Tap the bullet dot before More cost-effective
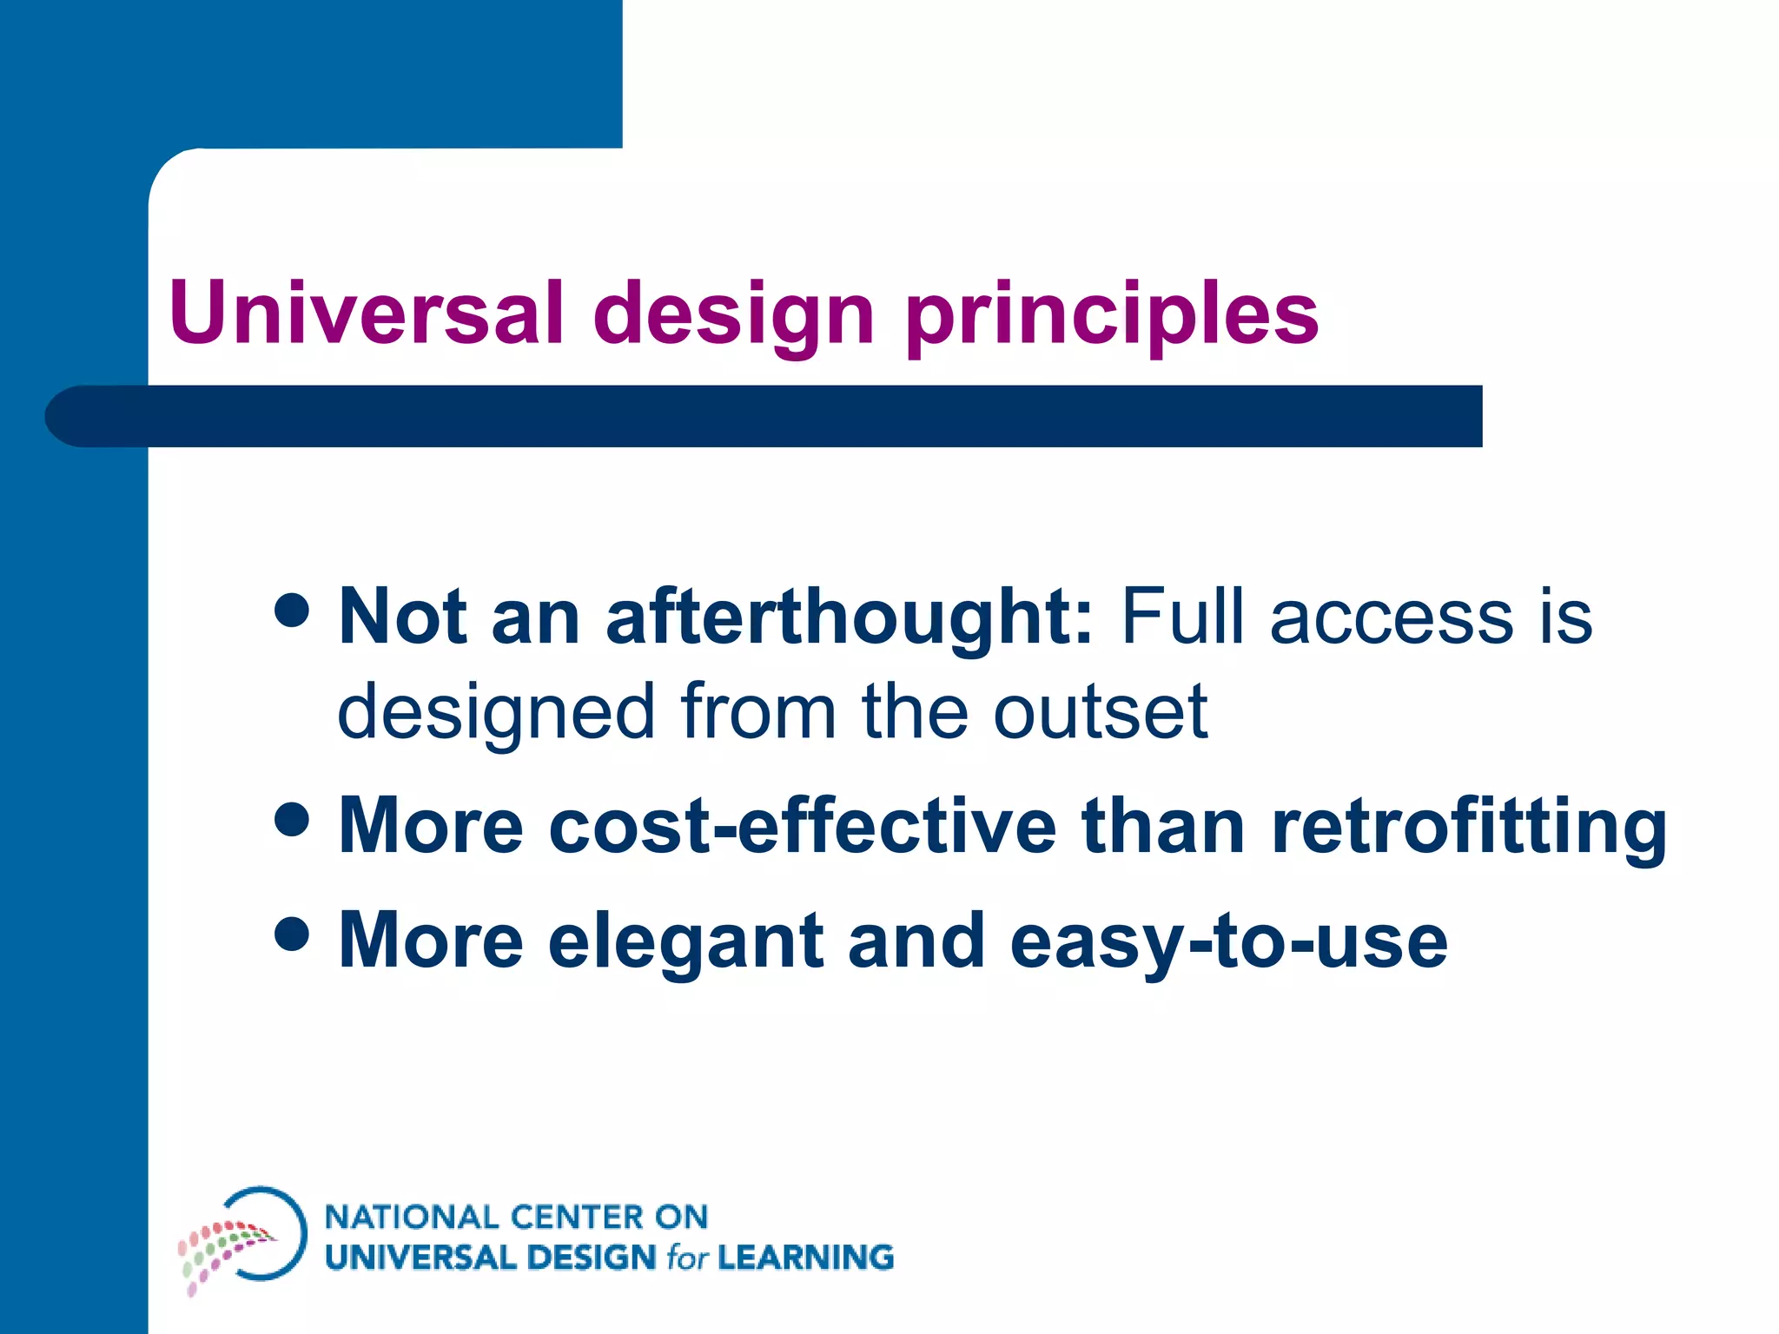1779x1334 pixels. pos(292,818)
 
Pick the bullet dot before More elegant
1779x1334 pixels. pos(292,934)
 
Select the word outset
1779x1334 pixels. pos(1100,712)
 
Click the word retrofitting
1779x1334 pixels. pos(1468,828)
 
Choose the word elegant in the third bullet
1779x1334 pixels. pos(685,943)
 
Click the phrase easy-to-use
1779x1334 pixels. pos(1228,943)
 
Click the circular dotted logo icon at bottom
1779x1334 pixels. pos(244,1237)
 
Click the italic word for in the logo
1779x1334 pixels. pos(687,1258)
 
